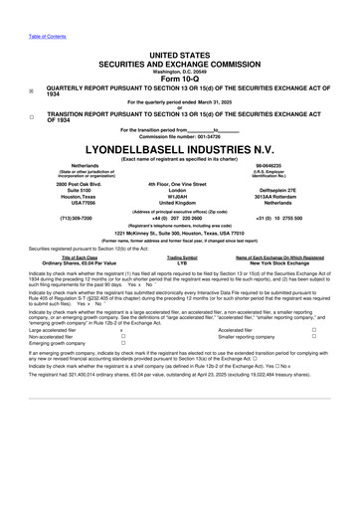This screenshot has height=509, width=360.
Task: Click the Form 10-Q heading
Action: tap(180, 79)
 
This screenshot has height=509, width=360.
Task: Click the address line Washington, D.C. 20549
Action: tap(180, 72)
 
